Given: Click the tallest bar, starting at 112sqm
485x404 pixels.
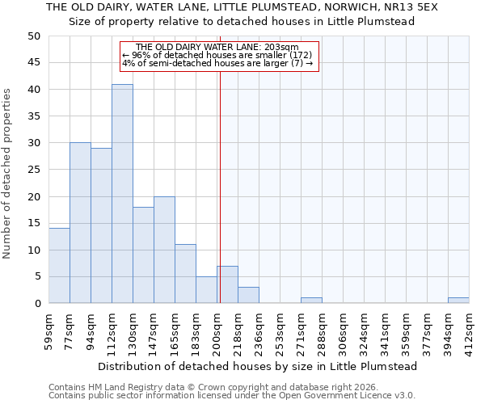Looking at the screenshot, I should click(122, 194).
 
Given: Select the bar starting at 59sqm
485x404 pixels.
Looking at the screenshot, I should click(59, 266).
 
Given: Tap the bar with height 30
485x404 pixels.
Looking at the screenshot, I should click(80, 223).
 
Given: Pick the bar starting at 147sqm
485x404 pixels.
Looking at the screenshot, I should click(164, 250).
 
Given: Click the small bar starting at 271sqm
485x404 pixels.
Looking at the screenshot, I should click(311, 301).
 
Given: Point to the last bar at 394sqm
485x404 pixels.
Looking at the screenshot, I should click(458, 301).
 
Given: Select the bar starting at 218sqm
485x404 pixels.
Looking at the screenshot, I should click(248, 295).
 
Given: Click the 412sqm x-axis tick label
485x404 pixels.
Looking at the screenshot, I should click(469, 330).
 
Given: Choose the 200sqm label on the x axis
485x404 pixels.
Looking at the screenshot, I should click(217, 330).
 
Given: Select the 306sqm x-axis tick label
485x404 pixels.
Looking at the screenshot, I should click(343, 330).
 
